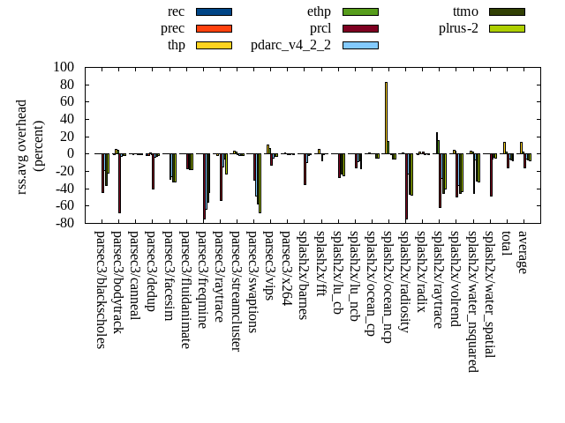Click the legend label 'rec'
coord(177,11)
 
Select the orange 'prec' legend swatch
coord(214,28)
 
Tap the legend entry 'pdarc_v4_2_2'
coord(290,45)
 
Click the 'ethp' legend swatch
coord(360,11)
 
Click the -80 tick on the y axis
coord(64,223)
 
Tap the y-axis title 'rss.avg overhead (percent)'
coord(30,145)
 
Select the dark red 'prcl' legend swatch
coord(360,28)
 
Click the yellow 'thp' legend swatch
coord(214,45)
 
